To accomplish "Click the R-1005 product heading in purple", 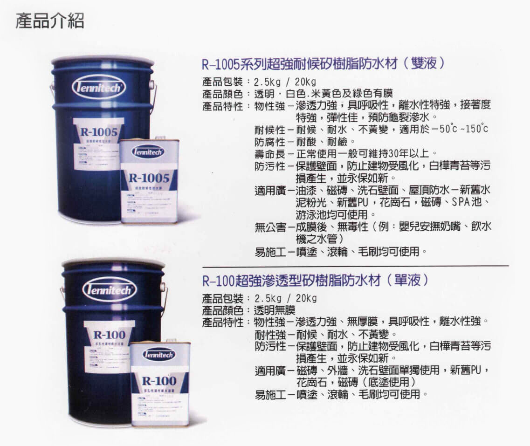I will coord(322,64).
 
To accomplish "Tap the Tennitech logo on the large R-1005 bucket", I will coord(98,87).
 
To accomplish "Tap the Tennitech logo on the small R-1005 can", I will coord(148,151).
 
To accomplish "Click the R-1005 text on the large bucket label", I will coord(102,133).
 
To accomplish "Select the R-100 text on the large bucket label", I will coord(109,334).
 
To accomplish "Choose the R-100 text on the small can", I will coord(160,380).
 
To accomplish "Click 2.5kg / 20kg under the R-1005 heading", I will coord(285,82).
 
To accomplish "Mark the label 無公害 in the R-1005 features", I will coord(269,227).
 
